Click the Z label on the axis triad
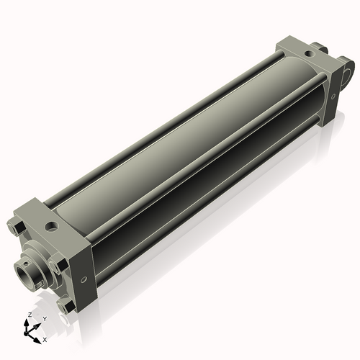tap(29, 315)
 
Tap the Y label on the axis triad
tap(44, 318)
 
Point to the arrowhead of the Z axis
tap(29, 322)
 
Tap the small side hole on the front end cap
tap(84, 279)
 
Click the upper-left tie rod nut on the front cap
tap(19, 229)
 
